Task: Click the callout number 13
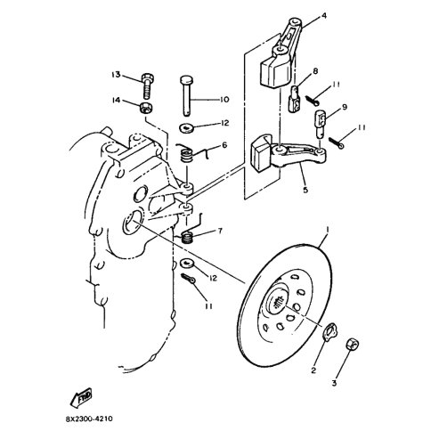116,74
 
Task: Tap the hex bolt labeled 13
147,85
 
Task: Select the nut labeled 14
146,108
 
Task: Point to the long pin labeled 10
187,96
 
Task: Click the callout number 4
324,15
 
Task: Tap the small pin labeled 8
295,99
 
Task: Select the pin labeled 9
321,124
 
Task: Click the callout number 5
305,190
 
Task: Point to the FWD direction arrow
81,397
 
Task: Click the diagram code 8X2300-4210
89,419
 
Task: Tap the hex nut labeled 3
353,344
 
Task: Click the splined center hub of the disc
276,303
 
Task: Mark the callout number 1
328,230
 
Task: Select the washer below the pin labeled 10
187,128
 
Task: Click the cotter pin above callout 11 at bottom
188,279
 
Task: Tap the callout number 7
220,231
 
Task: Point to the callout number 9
345,107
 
